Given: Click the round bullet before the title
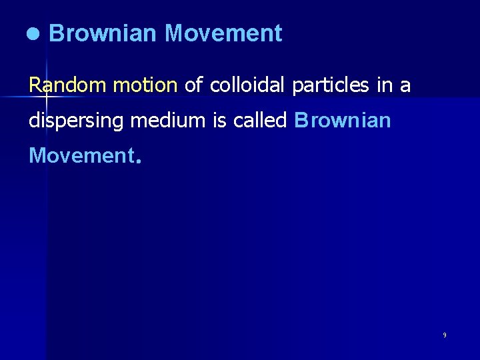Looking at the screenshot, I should click(33, 34).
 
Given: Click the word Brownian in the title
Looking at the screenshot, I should click(102, 33).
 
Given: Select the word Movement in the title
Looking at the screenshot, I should click(223, 33).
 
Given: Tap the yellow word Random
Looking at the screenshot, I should click(68, 85).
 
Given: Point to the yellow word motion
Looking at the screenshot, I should click(145, 85).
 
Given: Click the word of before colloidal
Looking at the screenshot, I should click(194, 85).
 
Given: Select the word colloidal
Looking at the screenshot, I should click(248, 85).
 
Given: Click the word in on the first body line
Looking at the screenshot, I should click(387, 85).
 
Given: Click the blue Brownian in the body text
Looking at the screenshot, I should click(342, 121).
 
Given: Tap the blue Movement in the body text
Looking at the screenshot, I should click(81, 156).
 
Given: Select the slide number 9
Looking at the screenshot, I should click(445, 335).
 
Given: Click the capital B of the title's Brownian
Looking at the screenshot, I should click(55, 33).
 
